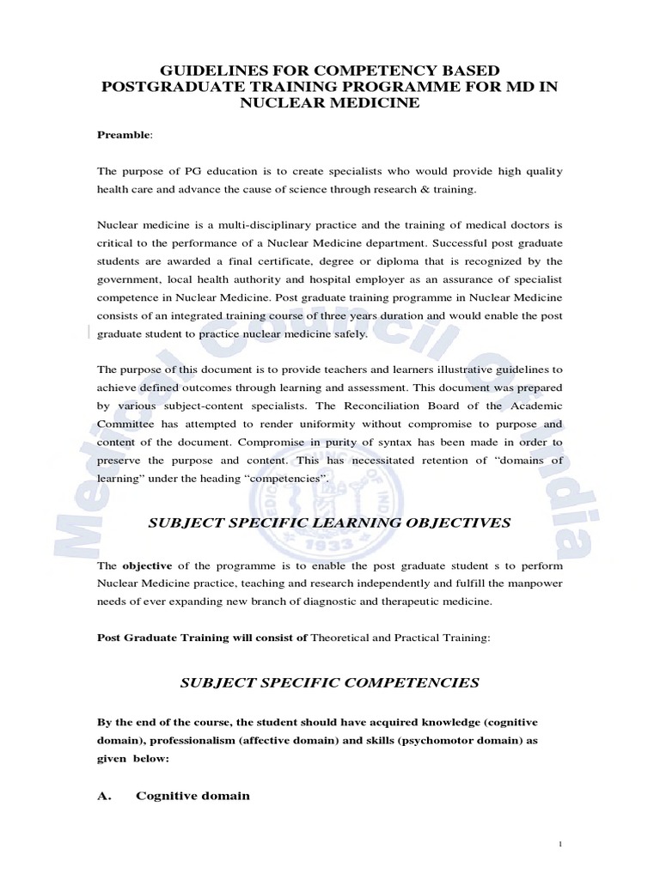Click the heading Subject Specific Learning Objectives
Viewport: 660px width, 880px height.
tap(329, 522)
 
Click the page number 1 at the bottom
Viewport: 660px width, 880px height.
tap(560, 846)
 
